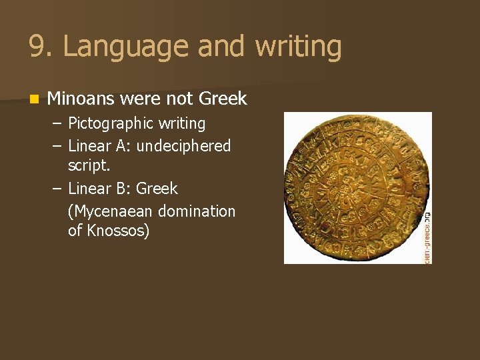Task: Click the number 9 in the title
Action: (38, 47)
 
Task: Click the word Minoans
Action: (83, 99)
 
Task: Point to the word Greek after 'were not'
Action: (223, 99)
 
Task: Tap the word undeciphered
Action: (183, 146)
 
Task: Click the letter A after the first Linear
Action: (121, 146)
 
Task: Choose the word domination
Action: (200, 211)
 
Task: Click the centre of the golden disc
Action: (355, 187)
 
